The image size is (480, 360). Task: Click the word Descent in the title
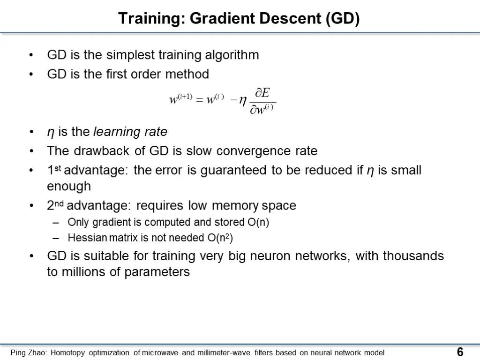289,18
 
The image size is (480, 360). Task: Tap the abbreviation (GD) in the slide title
342,18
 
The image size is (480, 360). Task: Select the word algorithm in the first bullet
232,55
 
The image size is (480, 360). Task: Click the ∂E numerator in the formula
262,92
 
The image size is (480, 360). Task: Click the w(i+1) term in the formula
181,98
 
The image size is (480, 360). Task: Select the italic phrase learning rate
130,132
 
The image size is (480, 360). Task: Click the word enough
69,187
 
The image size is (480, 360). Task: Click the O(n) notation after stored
258,222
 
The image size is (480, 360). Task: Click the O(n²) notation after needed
220,238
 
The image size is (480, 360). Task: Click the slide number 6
460,352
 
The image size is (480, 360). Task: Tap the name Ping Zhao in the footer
29,352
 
